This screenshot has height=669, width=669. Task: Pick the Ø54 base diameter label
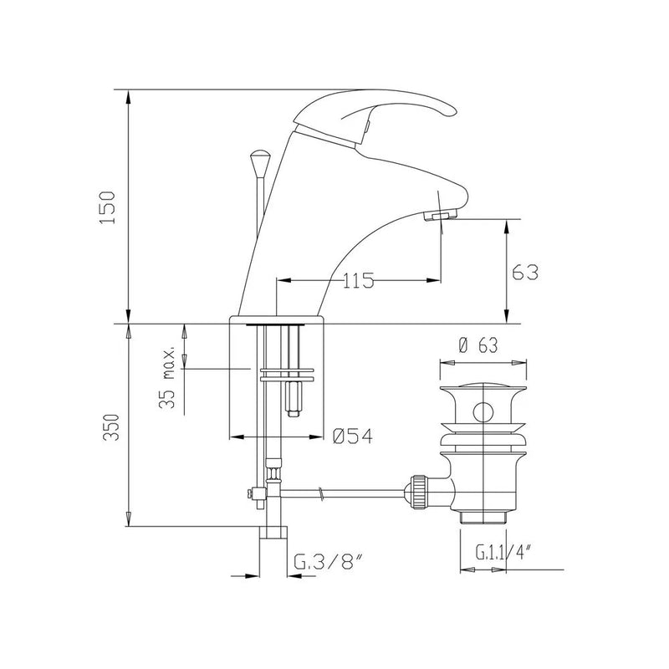tap(352, 437)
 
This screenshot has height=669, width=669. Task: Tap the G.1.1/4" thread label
tap(502, 553)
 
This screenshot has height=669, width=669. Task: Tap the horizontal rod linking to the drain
tap(343, 492)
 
